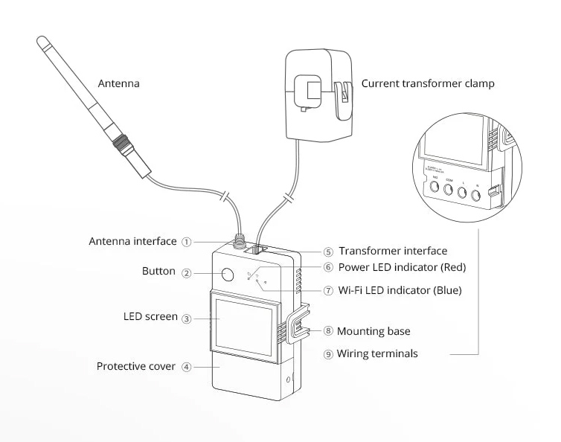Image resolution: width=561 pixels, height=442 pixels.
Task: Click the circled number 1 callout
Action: (187, 242)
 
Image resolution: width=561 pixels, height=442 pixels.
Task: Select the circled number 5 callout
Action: (328, 252)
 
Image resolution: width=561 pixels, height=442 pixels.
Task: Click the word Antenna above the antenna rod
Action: (119, 84)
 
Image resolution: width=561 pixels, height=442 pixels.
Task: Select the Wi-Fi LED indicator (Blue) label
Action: (400, 290)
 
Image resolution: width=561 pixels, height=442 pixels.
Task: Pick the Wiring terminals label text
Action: (376, 354)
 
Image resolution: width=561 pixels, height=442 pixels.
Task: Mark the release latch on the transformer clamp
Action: (344, 97)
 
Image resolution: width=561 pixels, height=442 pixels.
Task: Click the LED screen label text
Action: (151, 317)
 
